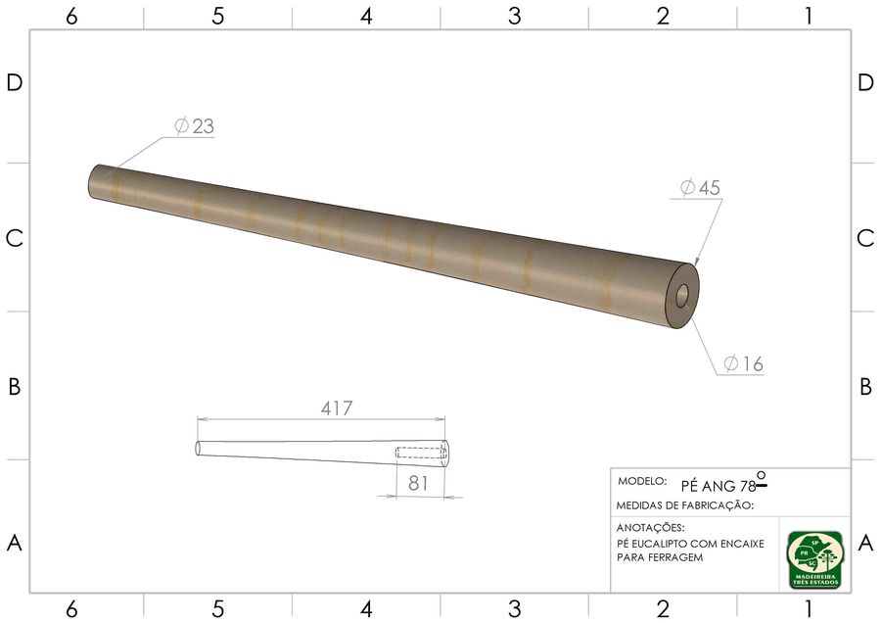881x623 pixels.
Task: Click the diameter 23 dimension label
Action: [195, 126]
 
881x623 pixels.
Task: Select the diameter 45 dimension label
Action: [700, 187]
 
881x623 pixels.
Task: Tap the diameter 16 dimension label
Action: [743, 363]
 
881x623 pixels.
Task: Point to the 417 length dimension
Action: [337, 408]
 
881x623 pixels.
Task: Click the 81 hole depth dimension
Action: [419, 483]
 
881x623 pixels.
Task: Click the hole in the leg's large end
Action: [682, 296]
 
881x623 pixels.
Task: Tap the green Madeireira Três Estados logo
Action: [815, 560]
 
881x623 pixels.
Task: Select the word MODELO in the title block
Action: [642, 481]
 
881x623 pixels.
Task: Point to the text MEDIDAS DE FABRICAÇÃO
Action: [684, 505]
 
